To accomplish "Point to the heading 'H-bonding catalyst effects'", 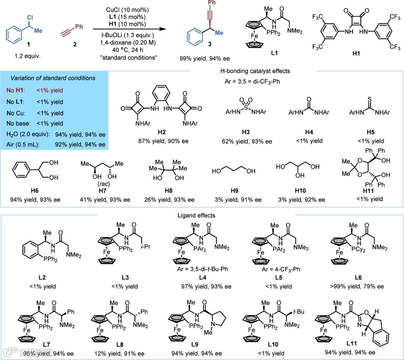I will [254, 70].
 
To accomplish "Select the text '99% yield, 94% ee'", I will [205, 58].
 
